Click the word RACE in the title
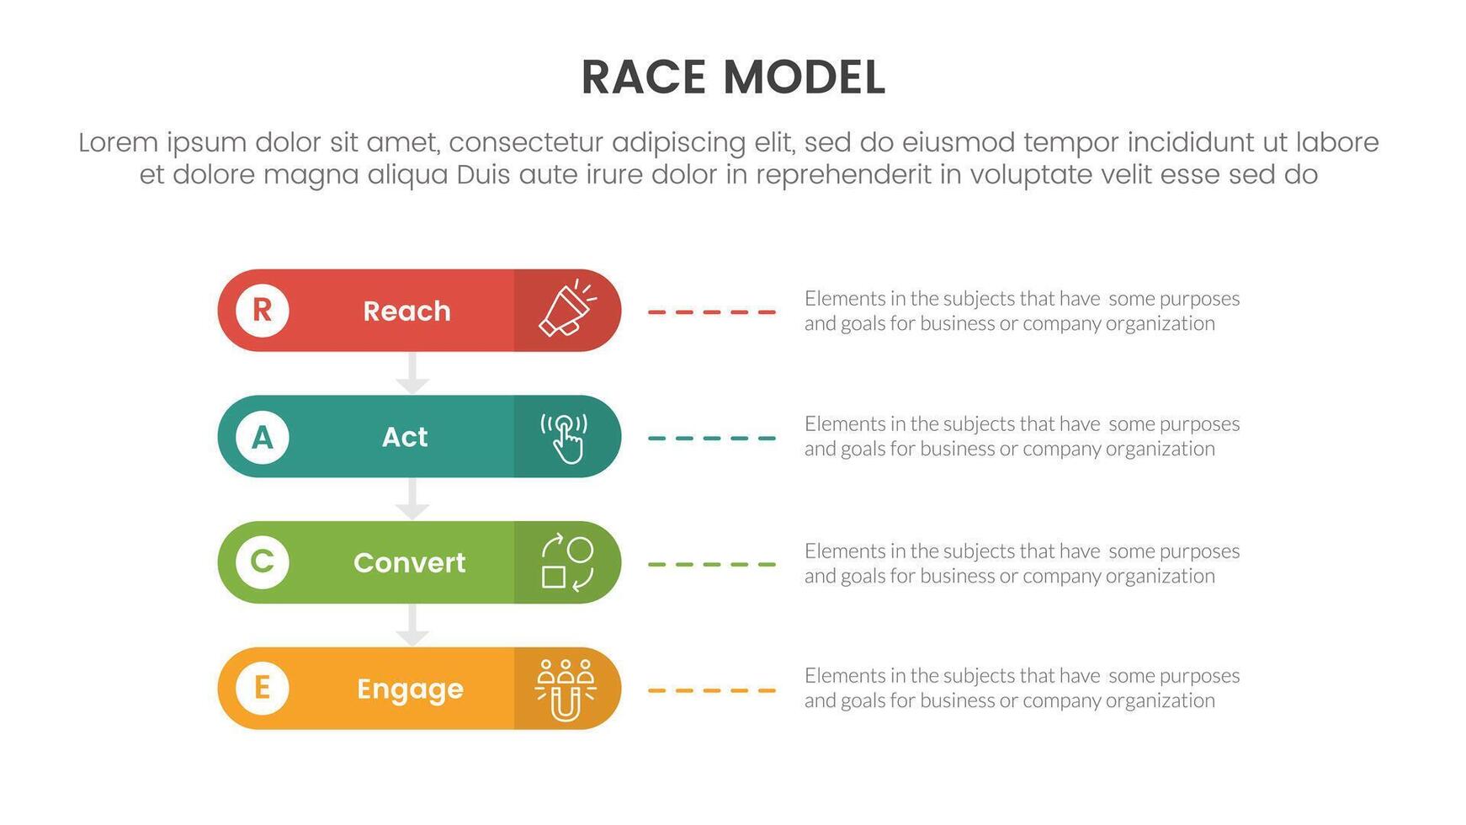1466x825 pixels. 643,78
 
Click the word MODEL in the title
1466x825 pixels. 804,78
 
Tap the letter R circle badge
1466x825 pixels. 262,311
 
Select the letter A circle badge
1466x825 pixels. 262,437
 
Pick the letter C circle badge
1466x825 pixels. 262,562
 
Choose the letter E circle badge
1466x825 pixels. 262,688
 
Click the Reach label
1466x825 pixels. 407,311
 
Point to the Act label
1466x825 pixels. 405,437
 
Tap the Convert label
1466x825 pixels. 409,562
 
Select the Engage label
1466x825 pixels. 410,689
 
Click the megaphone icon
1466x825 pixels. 567,308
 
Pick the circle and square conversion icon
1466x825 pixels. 567,562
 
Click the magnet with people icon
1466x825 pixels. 566,689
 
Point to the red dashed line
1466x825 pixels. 712,311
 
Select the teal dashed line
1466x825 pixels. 712,438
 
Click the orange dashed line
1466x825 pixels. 712,690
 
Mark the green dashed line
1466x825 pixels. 712,564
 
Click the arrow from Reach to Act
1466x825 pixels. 412,373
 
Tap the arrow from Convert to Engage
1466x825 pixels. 412,625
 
